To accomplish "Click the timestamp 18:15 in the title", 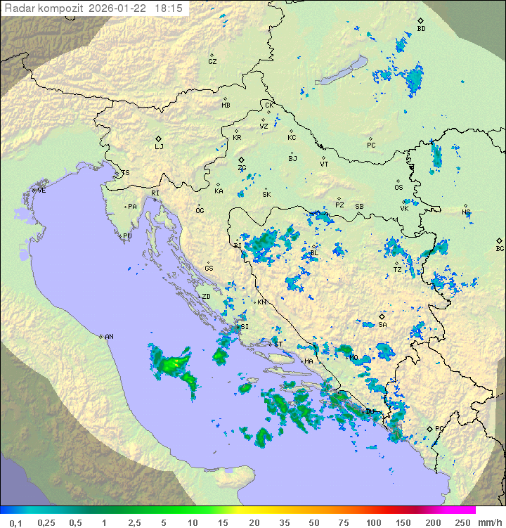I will pyautogui.click(x=169, y=8).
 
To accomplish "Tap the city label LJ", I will pyautogui.click(x=159, y=146).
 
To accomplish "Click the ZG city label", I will pyautogui.click(x=242, y=168).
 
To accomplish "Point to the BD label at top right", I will pyautogui.click(x=421, y=29).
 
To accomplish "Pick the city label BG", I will pyautogui.click(x=500, y=248).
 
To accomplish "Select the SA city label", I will pyautogui.click(x=382, y=324).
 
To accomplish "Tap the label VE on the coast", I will pyautogui.click(x=41, y=191).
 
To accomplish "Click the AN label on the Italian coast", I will pyautogui.click(x=109, y=337).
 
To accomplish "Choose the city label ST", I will pyautogui.click(x=278, y=344).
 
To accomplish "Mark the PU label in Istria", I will pyautogui.click(x=127, y=236).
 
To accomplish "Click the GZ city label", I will pyautogui.click(x=212, y=61).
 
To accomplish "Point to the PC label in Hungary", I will pyautogui.click(x=371, y=146).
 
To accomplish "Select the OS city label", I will pyautogui.click(x=398, y=187).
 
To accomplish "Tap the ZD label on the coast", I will pyautogui.click(x=206, y=297).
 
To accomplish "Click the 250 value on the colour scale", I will pyautogui.click(x=462, y=522).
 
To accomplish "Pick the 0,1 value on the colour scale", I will pyautogui.click(x=15, y=522).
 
